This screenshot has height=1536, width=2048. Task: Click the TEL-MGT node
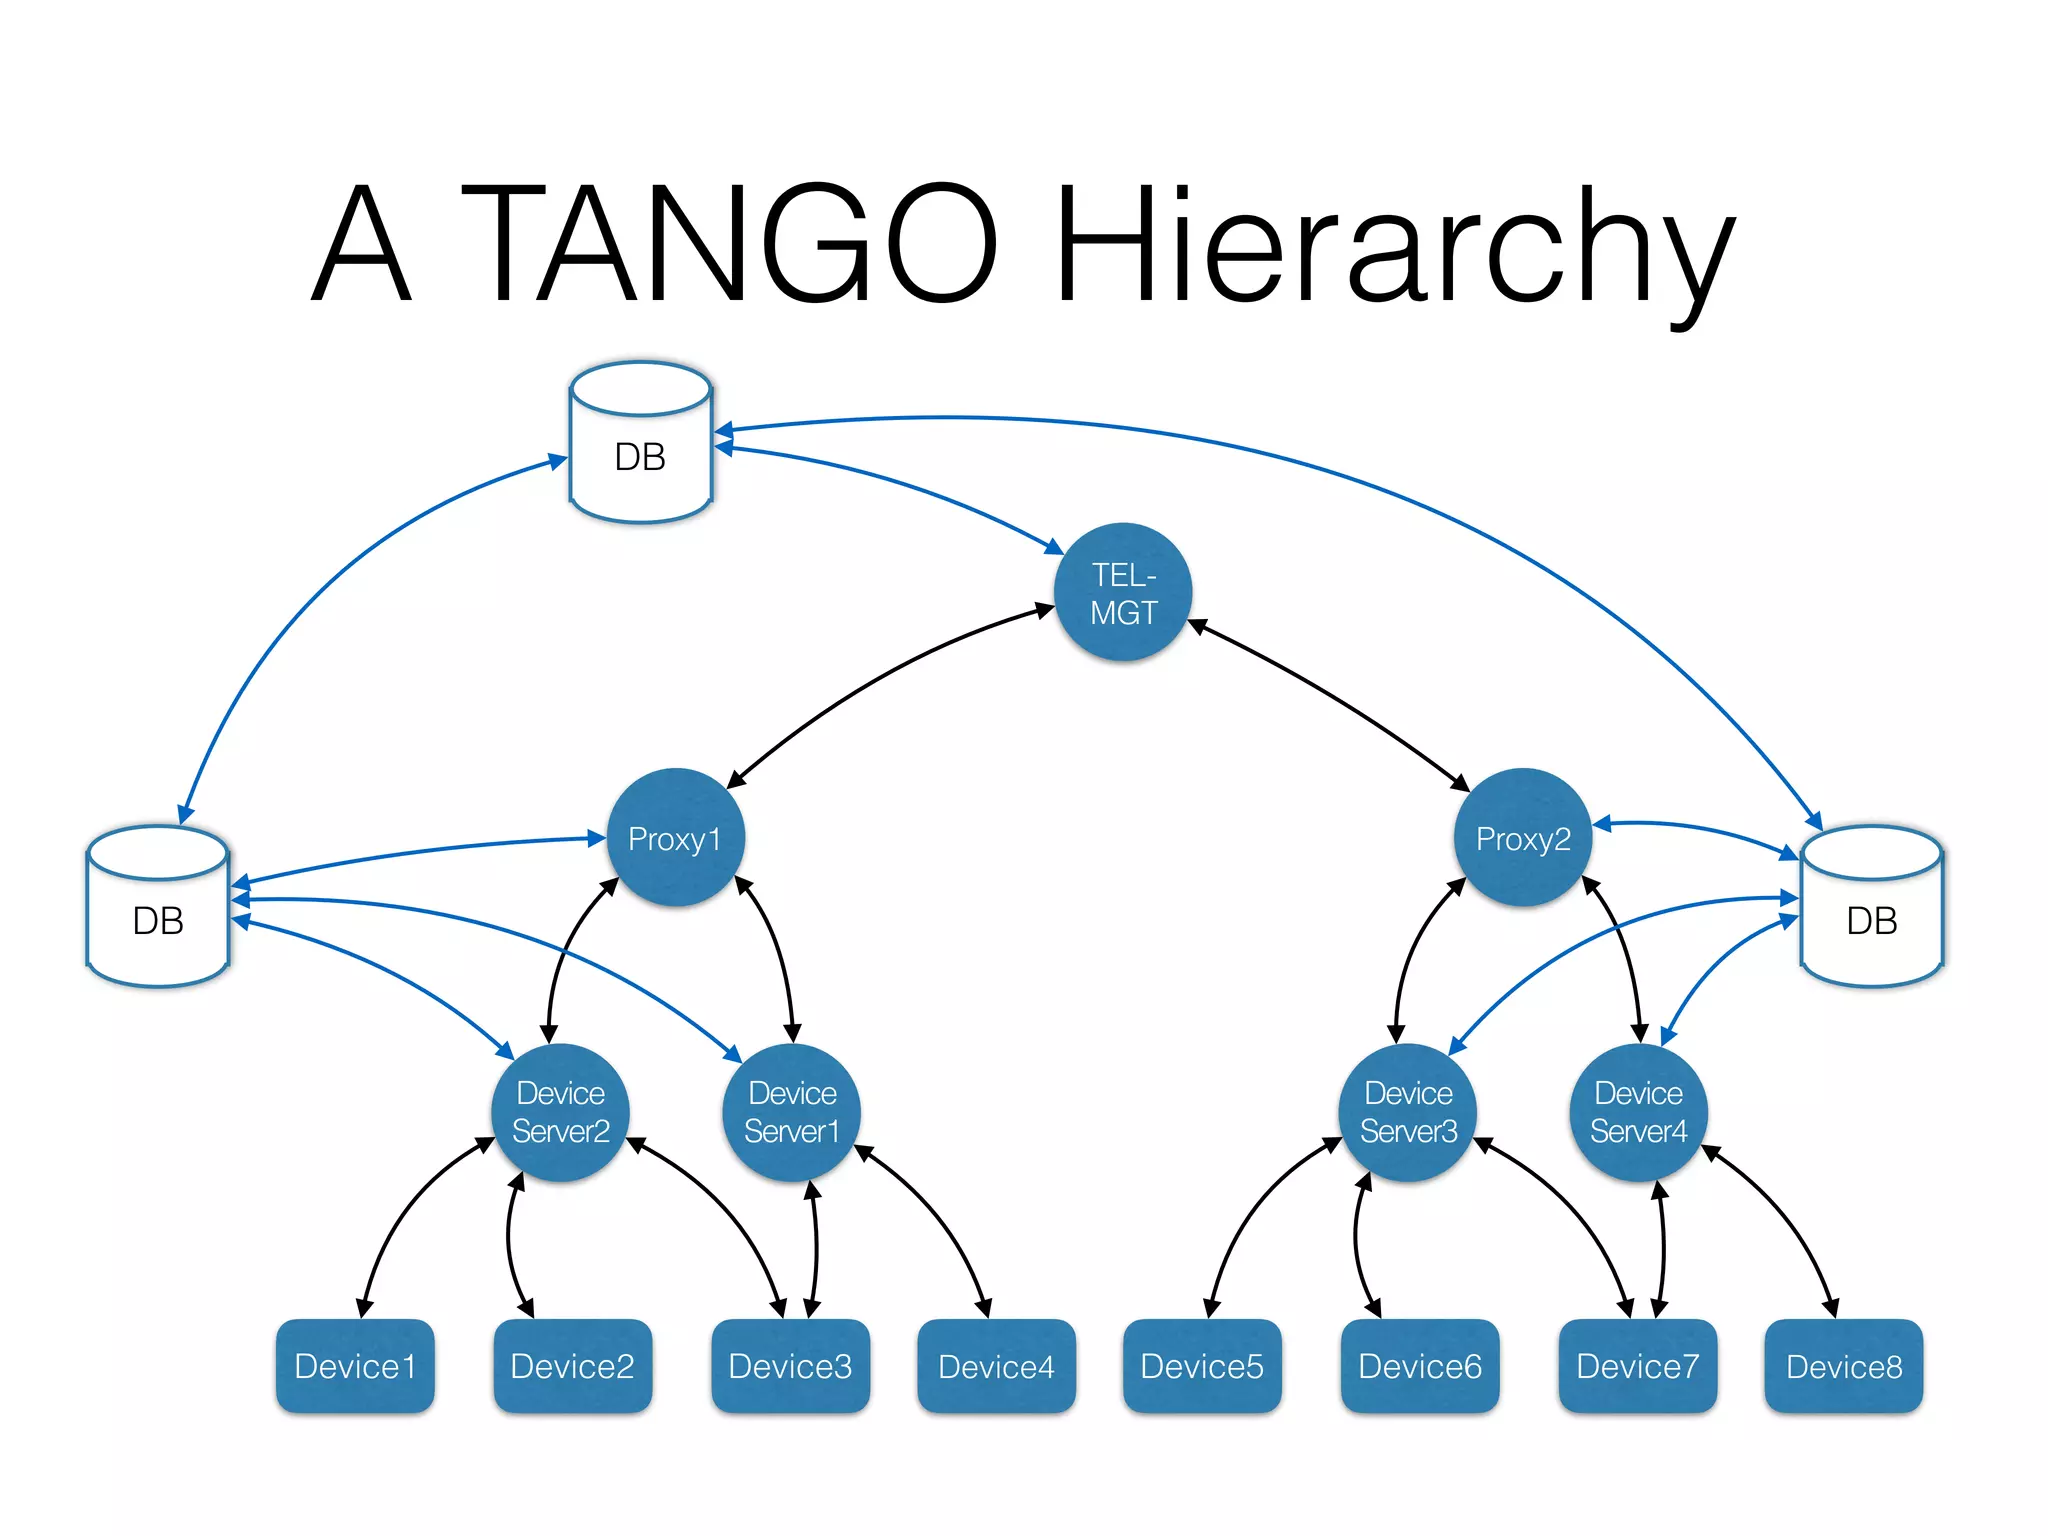tap(1123, 592)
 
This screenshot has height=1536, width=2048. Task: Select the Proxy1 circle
tap(676, 838)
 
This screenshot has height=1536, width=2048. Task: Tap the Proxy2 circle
tap(1523, 838)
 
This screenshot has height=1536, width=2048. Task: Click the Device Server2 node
tap(560, 1112)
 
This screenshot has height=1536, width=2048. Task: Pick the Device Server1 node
tap(791, 1112)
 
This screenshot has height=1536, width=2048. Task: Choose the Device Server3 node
tap(1408, 1112)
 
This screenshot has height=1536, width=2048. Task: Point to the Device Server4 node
tap(1638, 1112)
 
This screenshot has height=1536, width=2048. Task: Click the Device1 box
tap(355, 1366)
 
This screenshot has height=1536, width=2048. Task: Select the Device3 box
tap(790, 1366)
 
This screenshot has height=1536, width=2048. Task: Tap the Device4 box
tap(996, 1366)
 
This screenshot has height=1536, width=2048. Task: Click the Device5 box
tap(1202, 1366)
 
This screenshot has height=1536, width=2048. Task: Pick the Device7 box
tap(1638, 1366)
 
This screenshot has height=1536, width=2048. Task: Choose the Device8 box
tap(1844, 1366)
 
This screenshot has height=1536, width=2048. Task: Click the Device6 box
tap(1420, 1366)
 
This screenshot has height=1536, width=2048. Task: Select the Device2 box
tap(572, 1366)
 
